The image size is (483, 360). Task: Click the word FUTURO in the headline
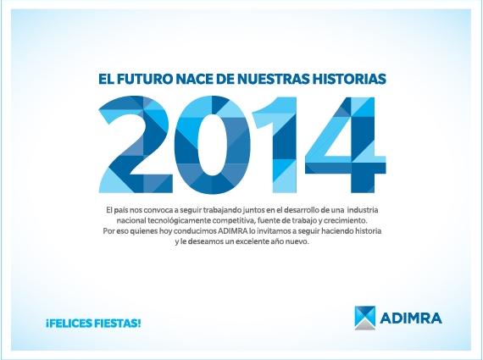(143, 79)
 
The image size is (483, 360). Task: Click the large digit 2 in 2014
(136, 145)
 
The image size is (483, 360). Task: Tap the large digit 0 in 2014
(212, 145)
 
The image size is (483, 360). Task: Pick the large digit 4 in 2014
(345, 145)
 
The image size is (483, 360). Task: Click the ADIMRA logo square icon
(365, 318)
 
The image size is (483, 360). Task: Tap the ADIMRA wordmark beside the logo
(411, 318)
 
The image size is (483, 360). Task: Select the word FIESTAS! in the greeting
(118, 324)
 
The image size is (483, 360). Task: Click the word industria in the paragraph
(363, 210)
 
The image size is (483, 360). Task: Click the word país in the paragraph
(120, 211)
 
